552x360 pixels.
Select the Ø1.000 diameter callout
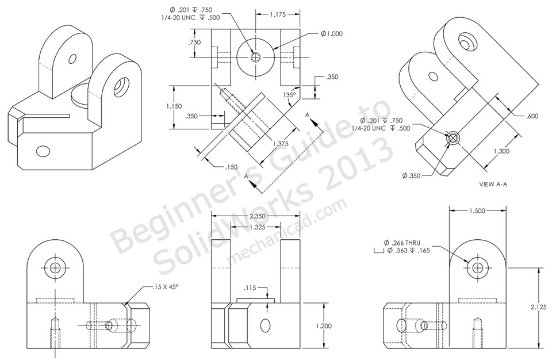pos(332,34)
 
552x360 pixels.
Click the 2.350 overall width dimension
pos(255,217)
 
